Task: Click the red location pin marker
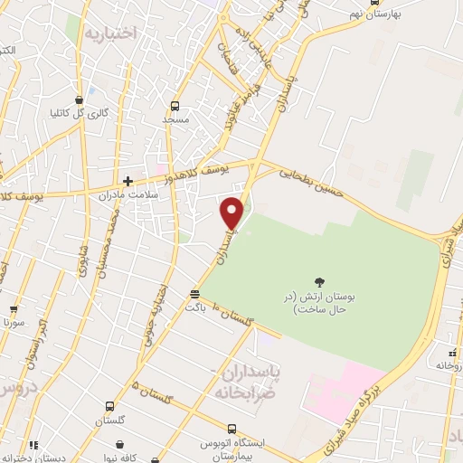232,213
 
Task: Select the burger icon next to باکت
194,294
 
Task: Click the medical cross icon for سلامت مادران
128,181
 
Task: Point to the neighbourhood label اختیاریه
109,33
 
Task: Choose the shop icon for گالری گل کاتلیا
80,100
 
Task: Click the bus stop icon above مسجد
175,106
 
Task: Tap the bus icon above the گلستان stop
109,406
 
